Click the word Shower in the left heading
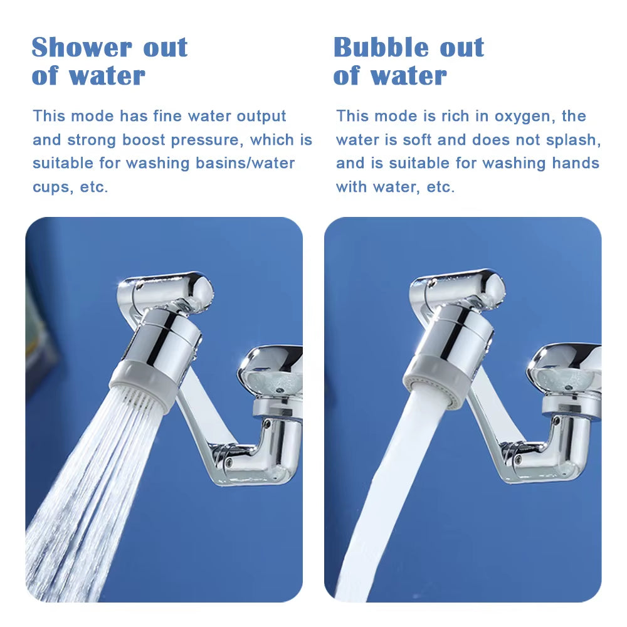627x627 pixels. [73, 48]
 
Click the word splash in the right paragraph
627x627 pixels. [571, 140]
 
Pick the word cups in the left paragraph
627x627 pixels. [51, 187]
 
